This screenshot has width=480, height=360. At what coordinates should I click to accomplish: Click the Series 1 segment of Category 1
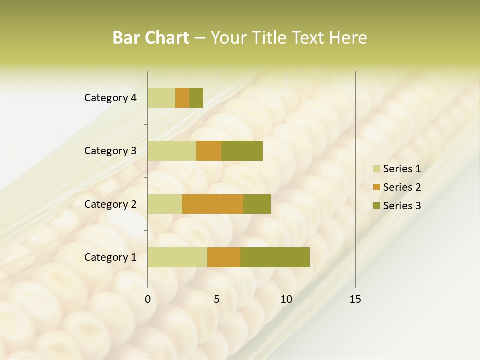[177, 257]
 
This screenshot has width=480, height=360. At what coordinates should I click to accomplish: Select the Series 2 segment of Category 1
[224, 257]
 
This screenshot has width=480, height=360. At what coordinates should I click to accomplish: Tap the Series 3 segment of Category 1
[275, 257]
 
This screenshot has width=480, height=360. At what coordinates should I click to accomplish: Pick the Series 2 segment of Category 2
[213, 204]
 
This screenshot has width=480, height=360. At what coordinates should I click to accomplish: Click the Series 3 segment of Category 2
[257, 204]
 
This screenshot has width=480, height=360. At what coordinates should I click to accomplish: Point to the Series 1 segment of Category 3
[172, 151]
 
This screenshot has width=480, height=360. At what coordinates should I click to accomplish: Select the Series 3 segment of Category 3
[242, 151]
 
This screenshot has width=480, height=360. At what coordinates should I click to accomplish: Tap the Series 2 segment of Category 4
[182, 98]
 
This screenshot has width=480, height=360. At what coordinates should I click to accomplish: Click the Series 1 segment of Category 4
[161, 98]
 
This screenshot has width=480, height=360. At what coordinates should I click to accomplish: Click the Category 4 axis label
[110, 98]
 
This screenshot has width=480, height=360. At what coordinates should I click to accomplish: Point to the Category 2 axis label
[110, 204]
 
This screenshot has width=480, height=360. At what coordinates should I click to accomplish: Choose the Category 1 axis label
[110, 257]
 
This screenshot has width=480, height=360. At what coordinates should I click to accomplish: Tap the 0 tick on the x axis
[148, 299]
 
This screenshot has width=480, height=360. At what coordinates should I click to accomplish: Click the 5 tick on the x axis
[217, 299]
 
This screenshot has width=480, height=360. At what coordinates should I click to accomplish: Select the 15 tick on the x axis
[355, 299]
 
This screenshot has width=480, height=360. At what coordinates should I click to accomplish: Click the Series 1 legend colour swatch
[376, 169]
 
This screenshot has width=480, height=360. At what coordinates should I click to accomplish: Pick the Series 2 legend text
[402, 187]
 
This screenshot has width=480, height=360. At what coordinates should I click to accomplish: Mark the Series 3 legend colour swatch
[376, 206]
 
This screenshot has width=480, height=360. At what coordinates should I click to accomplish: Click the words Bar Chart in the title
[151, 38]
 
